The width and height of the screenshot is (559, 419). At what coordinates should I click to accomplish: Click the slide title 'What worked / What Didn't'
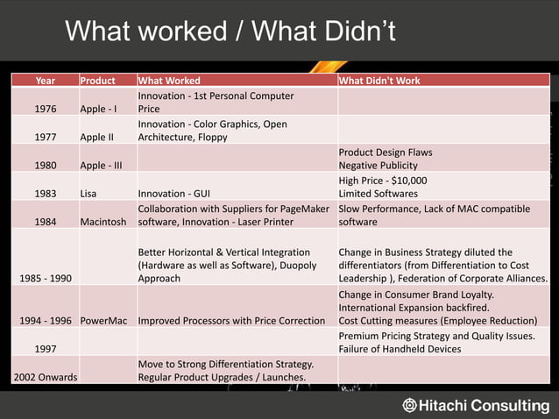[230, 32]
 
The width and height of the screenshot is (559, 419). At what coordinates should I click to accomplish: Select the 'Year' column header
[45, 81]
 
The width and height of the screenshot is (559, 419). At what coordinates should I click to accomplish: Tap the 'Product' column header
[97, 81]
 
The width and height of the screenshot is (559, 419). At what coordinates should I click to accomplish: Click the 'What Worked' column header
[169, 81]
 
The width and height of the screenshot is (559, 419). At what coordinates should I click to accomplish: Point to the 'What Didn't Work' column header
[379, 81]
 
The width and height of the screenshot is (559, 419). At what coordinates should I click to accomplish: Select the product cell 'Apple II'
[97, 138]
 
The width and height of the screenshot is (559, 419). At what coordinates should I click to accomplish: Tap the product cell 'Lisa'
[88, 194]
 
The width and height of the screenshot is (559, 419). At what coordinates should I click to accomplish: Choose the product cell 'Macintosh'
[107, 222]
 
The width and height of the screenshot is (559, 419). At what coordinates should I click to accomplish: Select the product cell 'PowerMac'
[106, 320]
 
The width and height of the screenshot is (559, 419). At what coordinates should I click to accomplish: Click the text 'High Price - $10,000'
[383, 181]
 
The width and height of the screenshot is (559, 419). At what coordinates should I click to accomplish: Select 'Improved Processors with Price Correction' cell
[231, 320]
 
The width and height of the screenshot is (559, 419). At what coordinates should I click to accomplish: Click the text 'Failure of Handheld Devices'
[400, 349]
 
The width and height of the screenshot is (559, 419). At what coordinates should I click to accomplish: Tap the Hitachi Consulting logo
[476, 405]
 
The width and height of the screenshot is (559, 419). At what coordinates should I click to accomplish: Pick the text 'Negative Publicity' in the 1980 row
[379, 166]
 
